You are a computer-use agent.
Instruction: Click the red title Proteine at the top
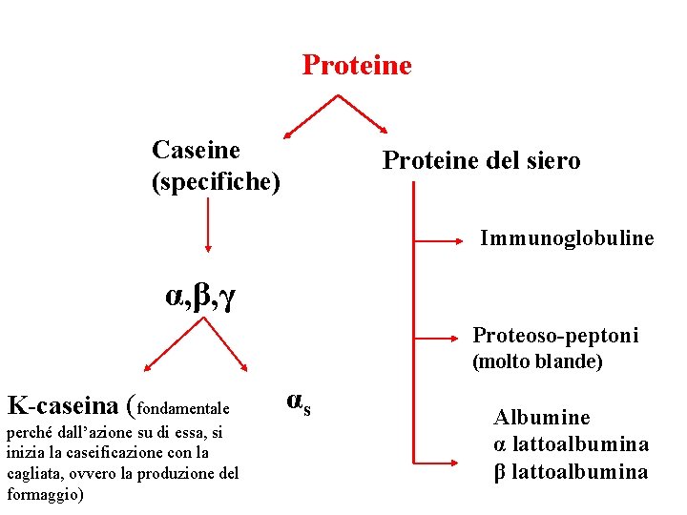357,66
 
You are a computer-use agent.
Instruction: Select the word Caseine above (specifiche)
196,150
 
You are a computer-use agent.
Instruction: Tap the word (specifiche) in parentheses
216,180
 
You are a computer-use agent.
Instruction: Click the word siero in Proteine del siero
551,161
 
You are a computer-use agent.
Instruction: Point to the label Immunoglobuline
567,237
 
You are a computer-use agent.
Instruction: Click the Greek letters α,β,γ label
200,299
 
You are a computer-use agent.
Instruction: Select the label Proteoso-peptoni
555,336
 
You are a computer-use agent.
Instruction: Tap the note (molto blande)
538,362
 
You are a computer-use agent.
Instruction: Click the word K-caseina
63,405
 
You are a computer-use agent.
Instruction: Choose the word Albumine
541,418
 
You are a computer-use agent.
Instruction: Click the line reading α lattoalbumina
571,444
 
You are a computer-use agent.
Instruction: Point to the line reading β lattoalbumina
571,471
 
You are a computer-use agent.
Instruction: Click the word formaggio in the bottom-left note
43,495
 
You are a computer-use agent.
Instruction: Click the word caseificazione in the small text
94,453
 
